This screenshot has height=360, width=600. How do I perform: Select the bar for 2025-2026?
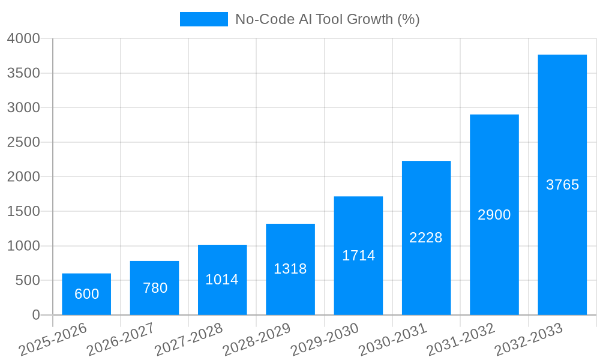pyautogui.click(x=86, y=294)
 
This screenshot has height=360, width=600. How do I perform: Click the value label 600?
pyautogui.click(x=86, y=294)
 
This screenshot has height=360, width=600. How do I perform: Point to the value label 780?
pyautogui.click(x=155, y=288)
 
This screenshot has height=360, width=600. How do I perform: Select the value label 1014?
pyautogui.click(x=222, y=280)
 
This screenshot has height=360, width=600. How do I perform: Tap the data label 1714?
pyautogui.click(x=358, y=256)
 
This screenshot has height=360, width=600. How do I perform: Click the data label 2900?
pyautogui.click(x=494, y=215)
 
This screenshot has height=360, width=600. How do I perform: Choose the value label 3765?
pyautogui.click(x=562, y=185)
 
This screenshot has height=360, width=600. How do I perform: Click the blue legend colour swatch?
pyautogui.click(x=204, y=19)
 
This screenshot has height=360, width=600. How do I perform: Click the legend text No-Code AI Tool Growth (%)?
pyautogui.click(x=327, y=19)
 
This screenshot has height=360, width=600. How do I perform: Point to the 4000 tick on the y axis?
pyautogui.click(x=23, y=39)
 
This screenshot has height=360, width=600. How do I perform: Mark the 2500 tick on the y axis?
pyautogui.click(x=23, y=142)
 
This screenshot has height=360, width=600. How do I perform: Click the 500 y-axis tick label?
pyautogui.click(x=28, y=280)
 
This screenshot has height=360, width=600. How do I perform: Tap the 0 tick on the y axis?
pyautogui.click(x=36, y=315)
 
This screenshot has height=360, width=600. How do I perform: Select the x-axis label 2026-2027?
pyautogui.click(x=121, y=340)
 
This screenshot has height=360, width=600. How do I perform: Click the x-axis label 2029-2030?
pyautogui.click(x=325, y=340)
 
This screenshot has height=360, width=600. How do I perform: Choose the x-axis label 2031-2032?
pyautogui.click(x=461, y=340)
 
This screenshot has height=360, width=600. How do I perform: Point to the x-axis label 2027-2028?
pyautogui.click(x=188, y=340)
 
